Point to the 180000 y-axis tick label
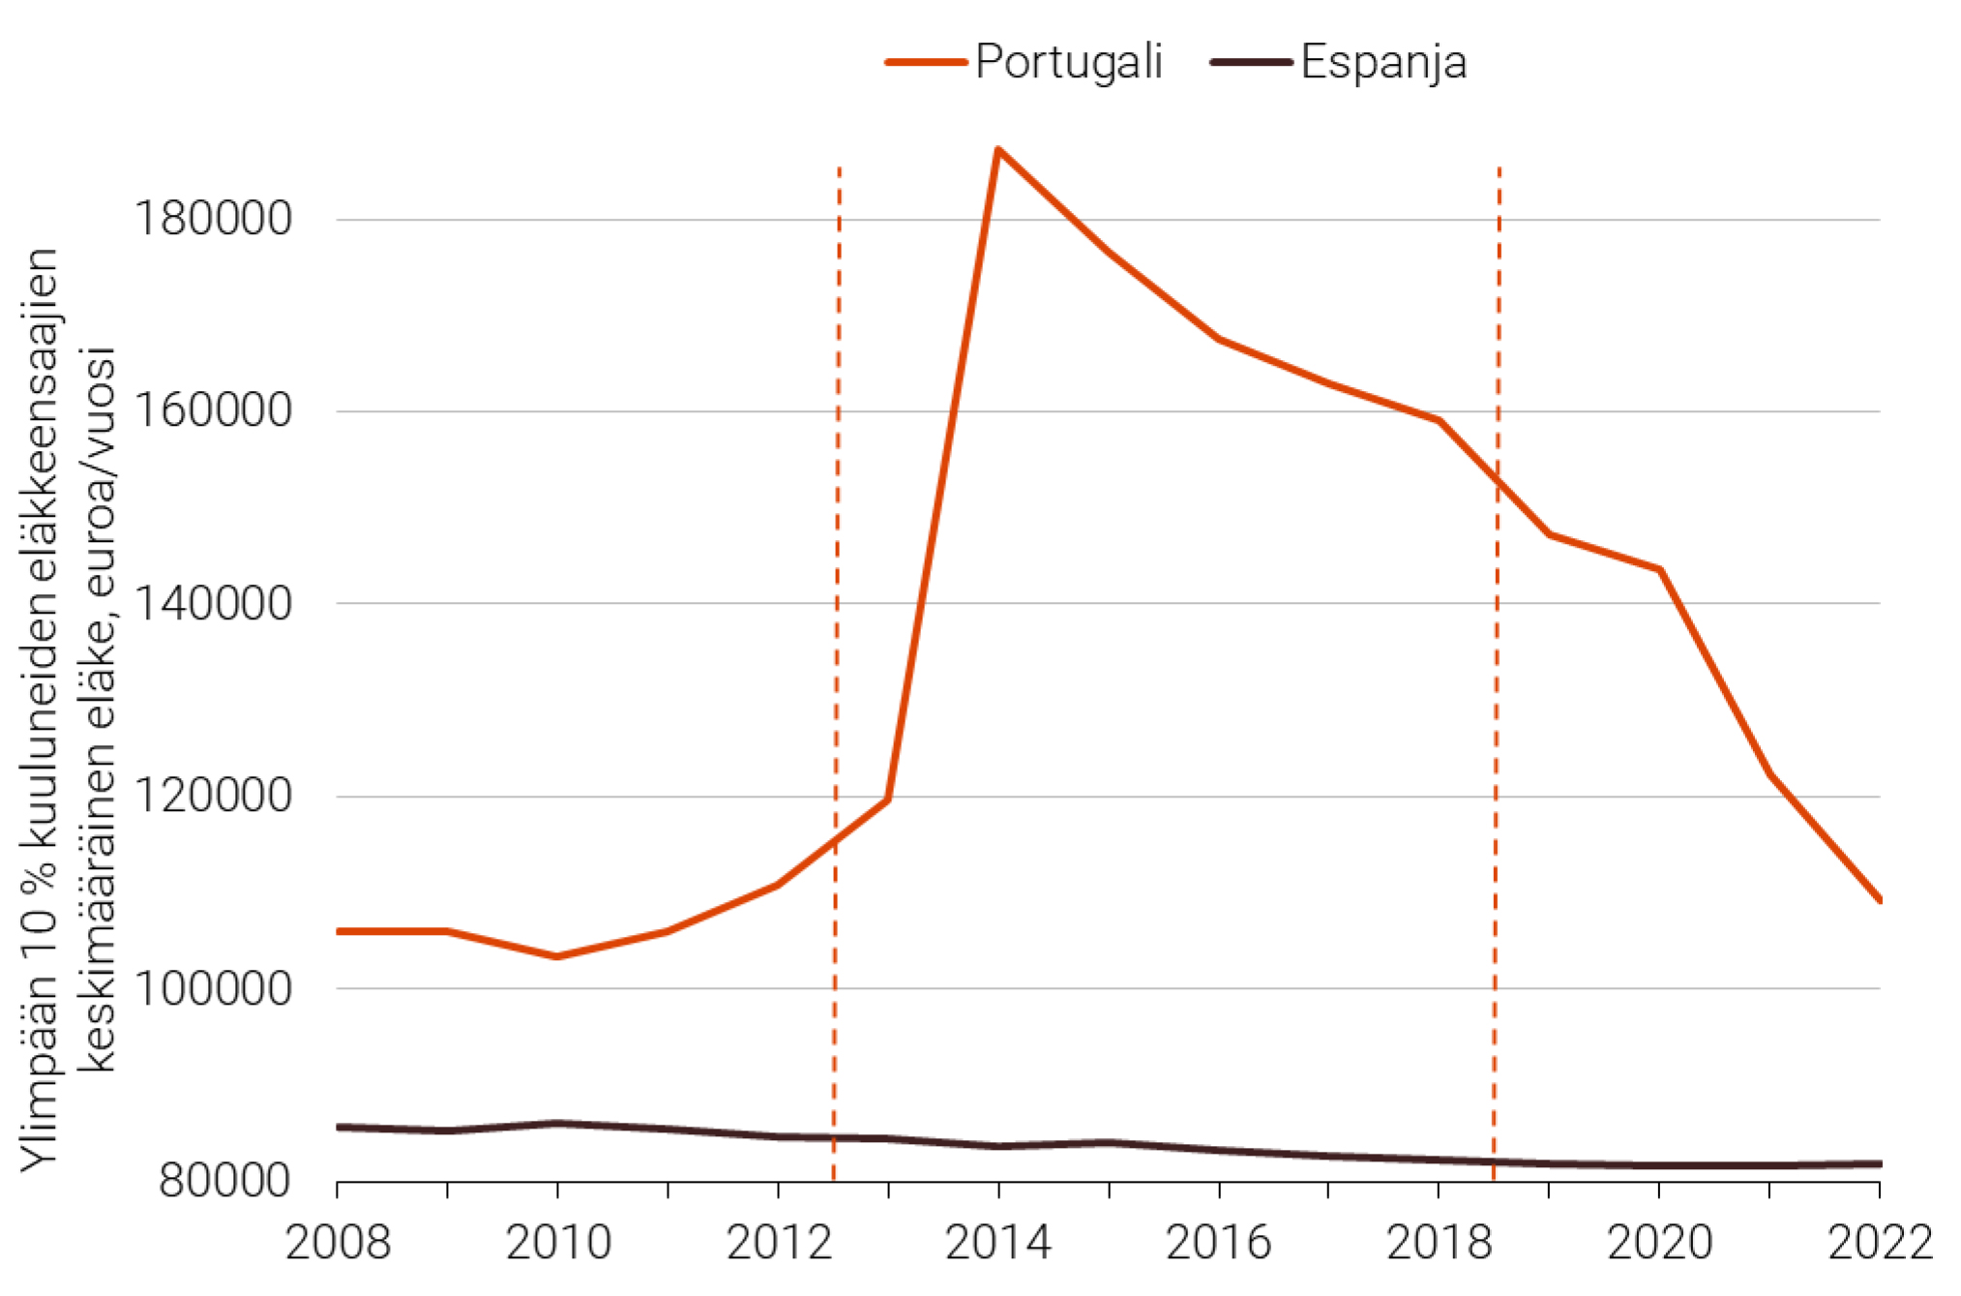pyautogui.click(x=212, y=219)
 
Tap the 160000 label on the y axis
pyautogui.click(x=212, y=410)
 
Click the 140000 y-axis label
pyautogui.click(x=212, y=604)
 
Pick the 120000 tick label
pyautogui.click(x=212, y=796)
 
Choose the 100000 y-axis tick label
pyautogui.click(x=212, y=988)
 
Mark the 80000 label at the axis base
pyautogui.click(x=224, y=1181)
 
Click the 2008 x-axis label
pyautogui.click(x=338, y=1243)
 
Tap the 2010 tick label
pyautogui.click(x=558, y=1243)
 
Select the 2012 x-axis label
pyautogui.click(x=779, y=1243)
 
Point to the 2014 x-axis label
pyautogui.click(x=998, y=1243)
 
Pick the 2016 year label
pyautogui.click(x=1219, y=1243)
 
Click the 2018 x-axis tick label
pyautogui.click(x=1440, y=1243)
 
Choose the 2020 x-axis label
pyautogui.click(x=1660, y=1243)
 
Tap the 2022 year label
pyautogui.click(x=1879, y=1243)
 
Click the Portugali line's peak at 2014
pyautogui.click(x=997, y=149)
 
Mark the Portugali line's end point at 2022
pyautogui.click(x=1879, y=900)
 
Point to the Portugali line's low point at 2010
pyautogui.click(x=557, y=956)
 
